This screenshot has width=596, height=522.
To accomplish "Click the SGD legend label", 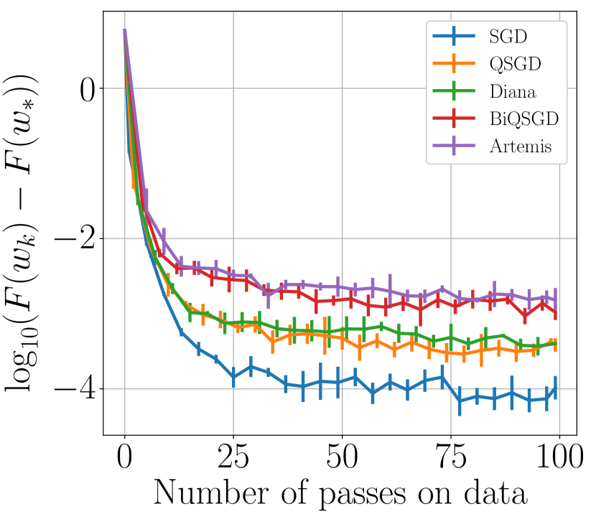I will click(507, 34).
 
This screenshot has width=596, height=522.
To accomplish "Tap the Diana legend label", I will click(513, 91).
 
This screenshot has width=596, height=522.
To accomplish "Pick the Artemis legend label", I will click(521, 147).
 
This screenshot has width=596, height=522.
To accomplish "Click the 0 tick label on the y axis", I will click(89, 89).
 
